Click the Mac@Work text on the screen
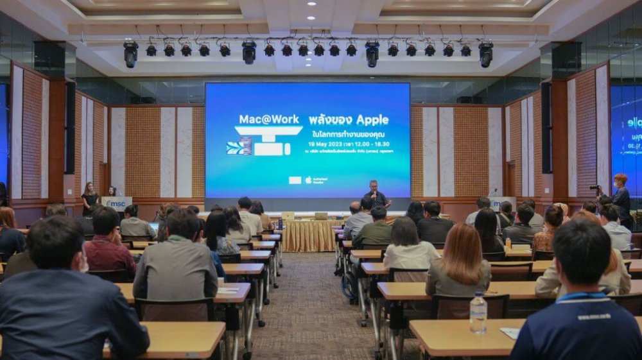266,119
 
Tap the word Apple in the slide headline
372,119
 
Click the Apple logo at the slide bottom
308,180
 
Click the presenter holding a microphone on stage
376,194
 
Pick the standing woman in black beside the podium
89,198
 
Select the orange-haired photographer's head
620,180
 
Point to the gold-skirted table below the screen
309,235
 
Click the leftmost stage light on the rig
130,53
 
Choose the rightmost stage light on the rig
486,54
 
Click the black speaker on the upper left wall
49,58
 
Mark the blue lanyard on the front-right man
582,296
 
